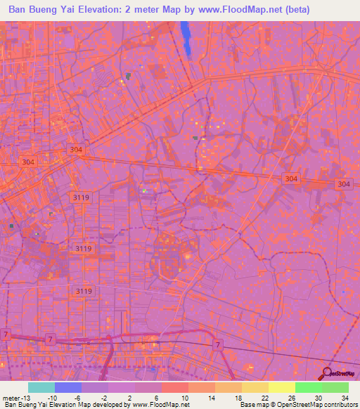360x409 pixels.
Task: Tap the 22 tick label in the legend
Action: point(265,397)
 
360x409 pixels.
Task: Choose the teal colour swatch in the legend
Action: point(41,387)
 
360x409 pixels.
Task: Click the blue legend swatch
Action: point(68,387)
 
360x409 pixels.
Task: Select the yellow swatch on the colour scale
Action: point(281,387)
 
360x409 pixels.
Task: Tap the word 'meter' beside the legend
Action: point(10,397)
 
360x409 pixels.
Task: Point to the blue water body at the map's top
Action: point(186,39)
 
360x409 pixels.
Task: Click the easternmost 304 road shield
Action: point(343,184)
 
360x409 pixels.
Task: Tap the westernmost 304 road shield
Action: point(28,162)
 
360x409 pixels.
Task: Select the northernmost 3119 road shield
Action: point(81,198)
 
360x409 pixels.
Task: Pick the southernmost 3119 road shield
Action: point(84,291)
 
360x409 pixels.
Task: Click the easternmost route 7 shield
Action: point(219,344)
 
